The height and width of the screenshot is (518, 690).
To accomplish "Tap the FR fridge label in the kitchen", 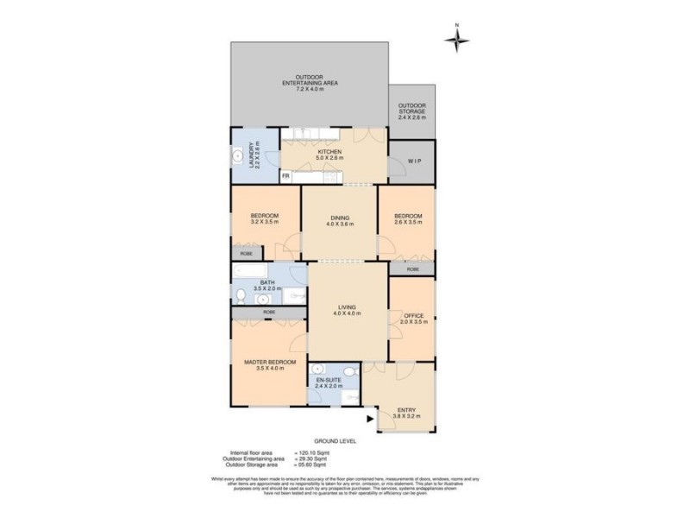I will point(285,177).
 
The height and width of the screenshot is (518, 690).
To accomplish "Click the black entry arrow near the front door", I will point(371,420).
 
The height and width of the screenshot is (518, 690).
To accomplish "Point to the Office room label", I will point(413,319).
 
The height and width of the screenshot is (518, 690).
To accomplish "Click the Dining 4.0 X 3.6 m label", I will point(339,221).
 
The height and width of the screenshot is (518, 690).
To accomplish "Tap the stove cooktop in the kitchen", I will point(333,177).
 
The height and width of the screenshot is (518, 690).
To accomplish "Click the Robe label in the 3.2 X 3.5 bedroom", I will point(246,254).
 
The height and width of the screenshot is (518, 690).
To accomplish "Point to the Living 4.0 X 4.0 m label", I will point(347,310).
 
